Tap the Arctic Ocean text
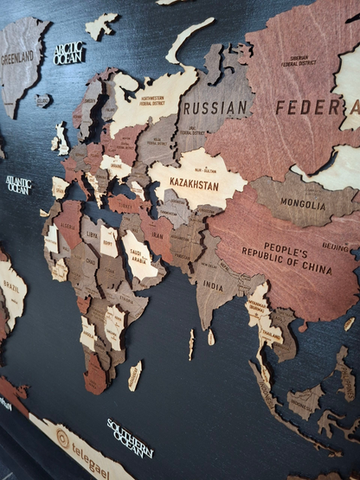(69, 53)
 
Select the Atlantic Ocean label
(18, 184)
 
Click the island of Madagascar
(135, 375)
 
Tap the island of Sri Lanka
(210, 337)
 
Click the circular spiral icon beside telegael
(61, 436)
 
